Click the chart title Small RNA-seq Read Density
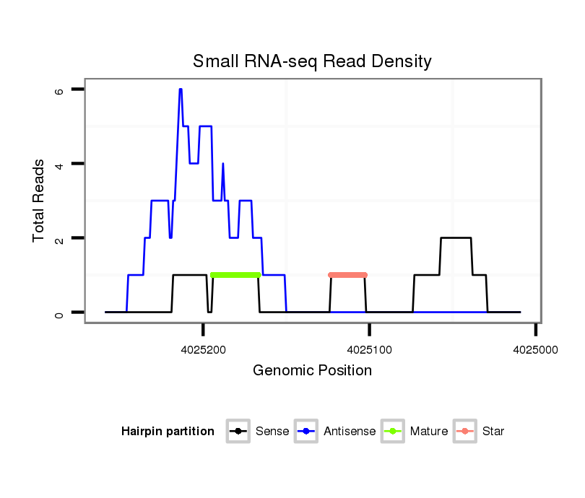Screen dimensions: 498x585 pos(312,61)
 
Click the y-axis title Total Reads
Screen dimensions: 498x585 pos(39,201)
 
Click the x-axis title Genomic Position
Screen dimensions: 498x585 pos(312,371)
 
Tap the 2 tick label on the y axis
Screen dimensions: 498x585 pos(59,238)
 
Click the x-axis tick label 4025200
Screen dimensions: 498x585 pos(204,348)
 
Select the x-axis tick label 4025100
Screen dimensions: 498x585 pos(370,348)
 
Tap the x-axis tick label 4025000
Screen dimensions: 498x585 pos(535,348)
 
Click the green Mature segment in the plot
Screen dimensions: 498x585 pos(235,275)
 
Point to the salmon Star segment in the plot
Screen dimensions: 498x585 pos(347,275)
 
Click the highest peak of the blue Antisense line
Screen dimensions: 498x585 pos(181,89)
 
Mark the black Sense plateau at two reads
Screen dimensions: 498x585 pos(456,238)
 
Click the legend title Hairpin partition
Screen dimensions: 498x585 pos(168,432)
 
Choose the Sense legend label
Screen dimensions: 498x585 pos(272,432)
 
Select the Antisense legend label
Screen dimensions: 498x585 pos(350,432)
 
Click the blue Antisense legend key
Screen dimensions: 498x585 pos(306,432)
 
